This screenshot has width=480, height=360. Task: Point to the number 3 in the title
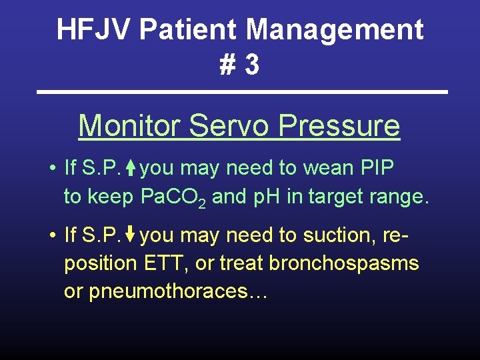[251, 65]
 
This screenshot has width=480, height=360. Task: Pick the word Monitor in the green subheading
[129, 125]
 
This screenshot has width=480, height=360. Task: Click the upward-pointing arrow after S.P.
[131, 169]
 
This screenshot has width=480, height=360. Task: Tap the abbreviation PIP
[377, 168]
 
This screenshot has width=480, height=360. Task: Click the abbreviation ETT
[166, 263]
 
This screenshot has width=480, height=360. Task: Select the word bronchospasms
[343, 263]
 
